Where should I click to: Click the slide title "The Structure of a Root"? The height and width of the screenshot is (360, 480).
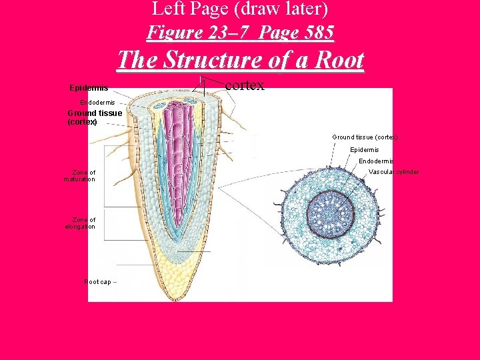click(240, 60)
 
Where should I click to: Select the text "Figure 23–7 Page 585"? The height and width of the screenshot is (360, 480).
click(240, 32)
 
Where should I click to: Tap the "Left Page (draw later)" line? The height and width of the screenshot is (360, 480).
click(240, 9)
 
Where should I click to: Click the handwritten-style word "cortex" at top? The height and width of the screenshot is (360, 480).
click(245, 85)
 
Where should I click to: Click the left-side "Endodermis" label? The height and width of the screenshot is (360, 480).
click(97, 102)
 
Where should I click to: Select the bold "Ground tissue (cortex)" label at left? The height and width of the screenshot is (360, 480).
click(94, 117)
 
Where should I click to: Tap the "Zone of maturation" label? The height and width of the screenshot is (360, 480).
click(80, 176)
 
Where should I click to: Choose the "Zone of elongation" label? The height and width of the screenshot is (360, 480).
click(80, 223)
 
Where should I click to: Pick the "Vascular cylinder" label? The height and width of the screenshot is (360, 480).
click(393, 172)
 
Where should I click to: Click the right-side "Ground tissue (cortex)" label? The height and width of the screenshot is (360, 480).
click(364, 137)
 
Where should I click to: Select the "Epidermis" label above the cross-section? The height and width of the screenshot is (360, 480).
click(364, 149)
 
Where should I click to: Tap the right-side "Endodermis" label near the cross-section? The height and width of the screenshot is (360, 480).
click(375, 161)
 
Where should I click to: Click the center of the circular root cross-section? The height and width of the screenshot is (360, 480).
click(331, 215)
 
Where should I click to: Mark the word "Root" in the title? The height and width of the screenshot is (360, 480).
click(337, 60)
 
